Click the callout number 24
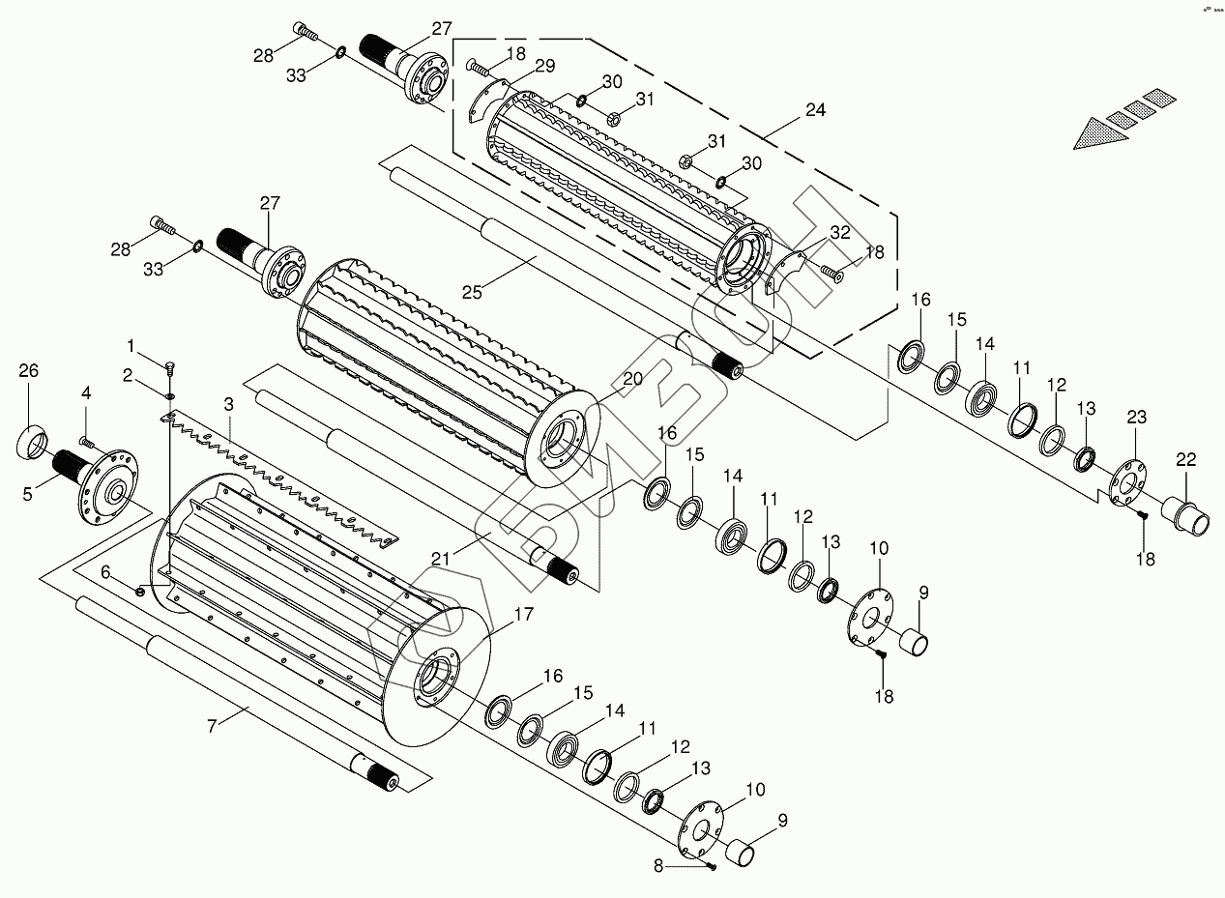[815, 110]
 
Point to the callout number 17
[523, 614]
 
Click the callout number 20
[631, 379]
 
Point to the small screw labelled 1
[170, 367]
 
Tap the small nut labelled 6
[141, 590]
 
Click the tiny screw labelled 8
[712, 866]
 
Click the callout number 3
[228, 401]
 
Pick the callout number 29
[545, 66]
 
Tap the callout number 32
[839, 233]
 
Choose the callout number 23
[1136, 418]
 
